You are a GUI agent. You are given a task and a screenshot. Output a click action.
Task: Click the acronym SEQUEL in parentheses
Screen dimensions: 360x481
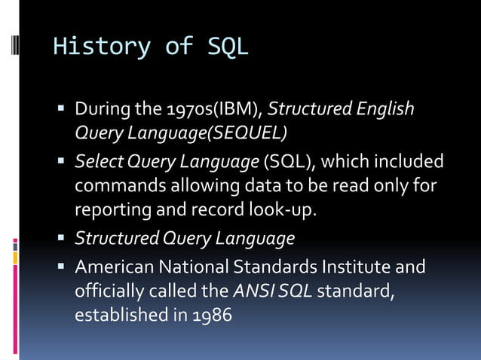[x=246, y=133]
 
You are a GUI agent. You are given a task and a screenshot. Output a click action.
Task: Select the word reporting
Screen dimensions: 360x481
[x=112, y=209]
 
